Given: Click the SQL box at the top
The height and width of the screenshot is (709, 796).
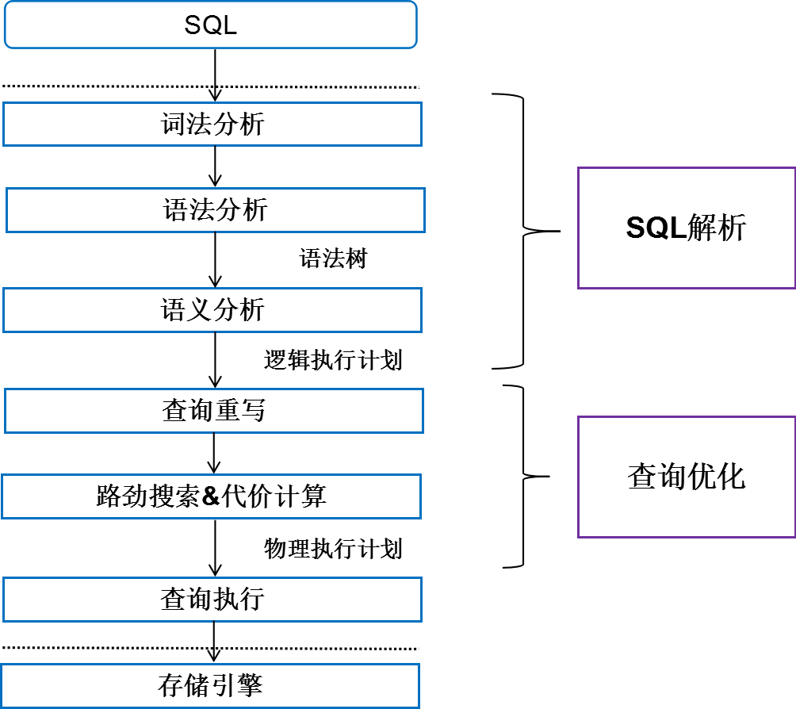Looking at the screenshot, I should tap(211, 25).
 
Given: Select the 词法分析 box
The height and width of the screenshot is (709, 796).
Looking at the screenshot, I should tap(212, 124).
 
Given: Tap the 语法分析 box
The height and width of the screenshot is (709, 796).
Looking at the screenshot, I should tap(216, 210).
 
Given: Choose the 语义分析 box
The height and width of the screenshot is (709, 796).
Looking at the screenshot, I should tap(212, 310).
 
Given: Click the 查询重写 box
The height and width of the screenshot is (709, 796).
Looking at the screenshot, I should tap(214, 411).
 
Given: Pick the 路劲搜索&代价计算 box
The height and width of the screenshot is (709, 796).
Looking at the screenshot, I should tap(211, 497).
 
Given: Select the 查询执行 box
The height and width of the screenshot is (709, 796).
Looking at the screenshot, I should tap(212, 600).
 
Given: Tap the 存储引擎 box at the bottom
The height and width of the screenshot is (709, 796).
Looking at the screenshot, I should tap(210, 686).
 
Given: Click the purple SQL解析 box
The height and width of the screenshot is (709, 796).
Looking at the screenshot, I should tap(686, 228).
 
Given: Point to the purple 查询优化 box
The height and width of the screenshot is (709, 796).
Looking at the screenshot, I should tap(686, 477).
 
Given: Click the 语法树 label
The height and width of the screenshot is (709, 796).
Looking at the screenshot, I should tap(333, 259).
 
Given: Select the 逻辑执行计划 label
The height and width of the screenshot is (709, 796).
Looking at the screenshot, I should tap(333, 360).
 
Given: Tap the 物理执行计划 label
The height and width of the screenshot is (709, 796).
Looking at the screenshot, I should tap(333, 548).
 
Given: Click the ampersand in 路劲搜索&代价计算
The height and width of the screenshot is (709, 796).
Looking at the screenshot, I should tap(210, 497).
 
